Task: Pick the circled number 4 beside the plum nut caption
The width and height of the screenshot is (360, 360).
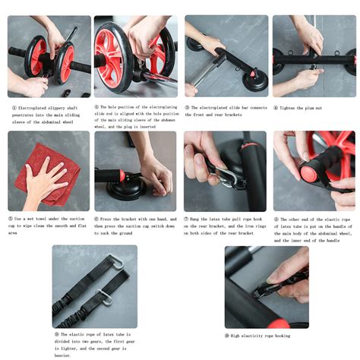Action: (x=276, y=108)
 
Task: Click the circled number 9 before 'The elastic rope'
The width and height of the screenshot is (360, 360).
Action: (x=56, y=334)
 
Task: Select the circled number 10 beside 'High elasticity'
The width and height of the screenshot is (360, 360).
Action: (x=227, y=335)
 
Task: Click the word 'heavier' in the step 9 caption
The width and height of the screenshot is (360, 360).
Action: (x=65, y=355)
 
